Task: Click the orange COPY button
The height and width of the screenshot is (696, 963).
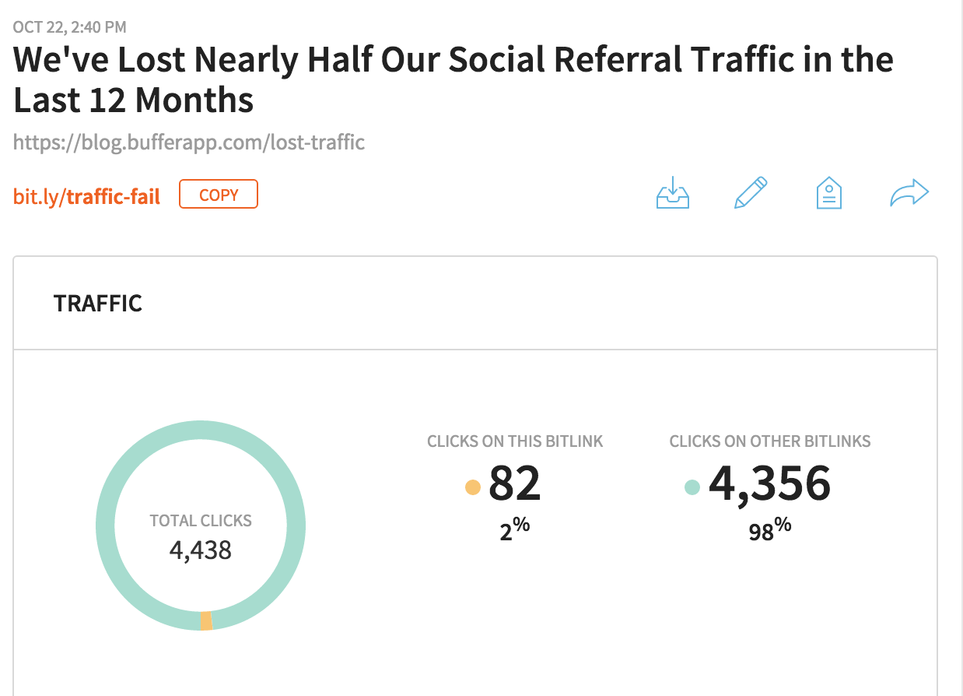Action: pos(219,195)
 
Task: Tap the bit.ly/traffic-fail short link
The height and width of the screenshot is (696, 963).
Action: pos(87,196)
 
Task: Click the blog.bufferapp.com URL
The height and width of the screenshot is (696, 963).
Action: pos(189,142)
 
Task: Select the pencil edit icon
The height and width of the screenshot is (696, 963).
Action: pos(751,193)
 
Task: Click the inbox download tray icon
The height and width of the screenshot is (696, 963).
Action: pos(673,193)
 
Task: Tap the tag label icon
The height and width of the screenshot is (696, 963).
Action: pos(829,193)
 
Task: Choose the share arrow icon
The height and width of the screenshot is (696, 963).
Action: pos(909,193)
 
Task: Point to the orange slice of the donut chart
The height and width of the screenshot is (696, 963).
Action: pos(205,620)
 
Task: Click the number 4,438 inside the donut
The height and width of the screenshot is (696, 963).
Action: pos(201,550)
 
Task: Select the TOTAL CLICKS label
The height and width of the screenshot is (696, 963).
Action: pos(201,521)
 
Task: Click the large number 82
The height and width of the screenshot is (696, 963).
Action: pos(514,483)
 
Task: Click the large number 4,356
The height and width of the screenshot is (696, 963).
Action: pos(769,483)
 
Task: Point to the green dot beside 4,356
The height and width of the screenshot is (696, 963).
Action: pos(692,487)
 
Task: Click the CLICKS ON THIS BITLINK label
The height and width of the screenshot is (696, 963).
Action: pos(515,441)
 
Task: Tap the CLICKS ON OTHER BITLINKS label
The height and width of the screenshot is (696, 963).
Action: pos(770,441)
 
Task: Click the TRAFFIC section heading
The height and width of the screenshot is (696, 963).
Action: pos(98,303)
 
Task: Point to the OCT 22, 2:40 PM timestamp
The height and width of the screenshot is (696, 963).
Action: pos(70,28)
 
